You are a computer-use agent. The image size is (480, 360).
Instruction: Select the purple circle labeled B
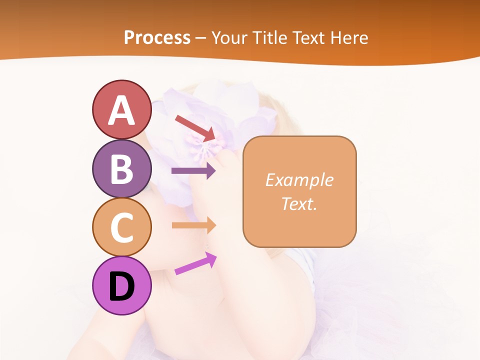point(121,168)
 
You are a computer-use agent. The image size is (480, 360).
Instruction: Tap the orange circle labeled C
point(121,226)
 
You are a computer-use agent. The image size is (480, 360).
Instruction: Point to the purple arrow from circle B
point(193,171)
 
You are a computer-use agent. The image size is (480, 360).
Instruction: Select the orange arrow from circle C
point(193,225)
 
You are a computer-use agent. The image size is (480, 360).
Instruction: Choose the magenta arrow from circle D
point(195,263)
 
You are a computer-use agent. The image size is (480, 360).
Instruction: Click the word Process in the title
point(157,37)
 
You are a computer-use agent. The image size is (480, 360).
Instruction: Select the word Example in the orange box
point(299,180)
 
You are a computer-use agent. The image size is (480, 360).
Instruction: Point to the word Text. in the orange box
point(299,203)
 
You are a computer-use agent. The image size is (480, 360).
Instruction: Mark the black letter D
point(121,287)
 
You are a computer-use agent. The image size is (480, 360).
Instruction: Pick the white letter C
point(121,227)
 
